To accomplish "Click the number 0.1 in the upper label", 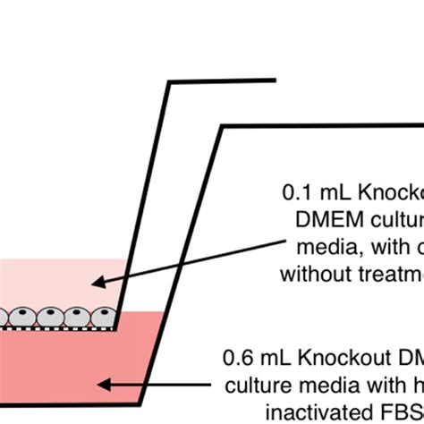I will coord(295,191).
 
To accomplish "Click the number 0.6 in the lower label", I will coord(237,359).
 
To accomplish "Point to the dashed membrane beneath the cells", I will coord(54,328).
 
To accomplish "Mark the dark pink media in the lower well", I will coord(54,376).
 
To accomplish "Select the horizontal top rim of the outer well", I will coord(322,126).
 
